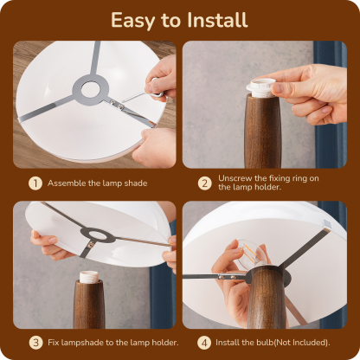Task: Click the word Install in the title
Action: (217, 20)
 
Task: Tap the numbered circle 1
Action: (35, 183)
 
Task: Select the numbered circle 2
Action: (204, 183)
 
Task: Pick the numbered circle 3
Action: (35, 343)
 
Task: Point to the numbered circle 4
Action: (204, 343)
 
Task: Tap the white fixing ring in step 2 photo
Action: (261, 87)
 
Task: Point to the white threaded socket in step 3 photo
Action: (89, 276)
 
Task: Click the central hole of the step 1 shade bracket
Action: (90, 90)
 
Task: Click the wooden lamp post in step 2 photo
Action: (262, 132)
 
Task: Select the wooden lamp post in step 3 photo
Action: (89, 305)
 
